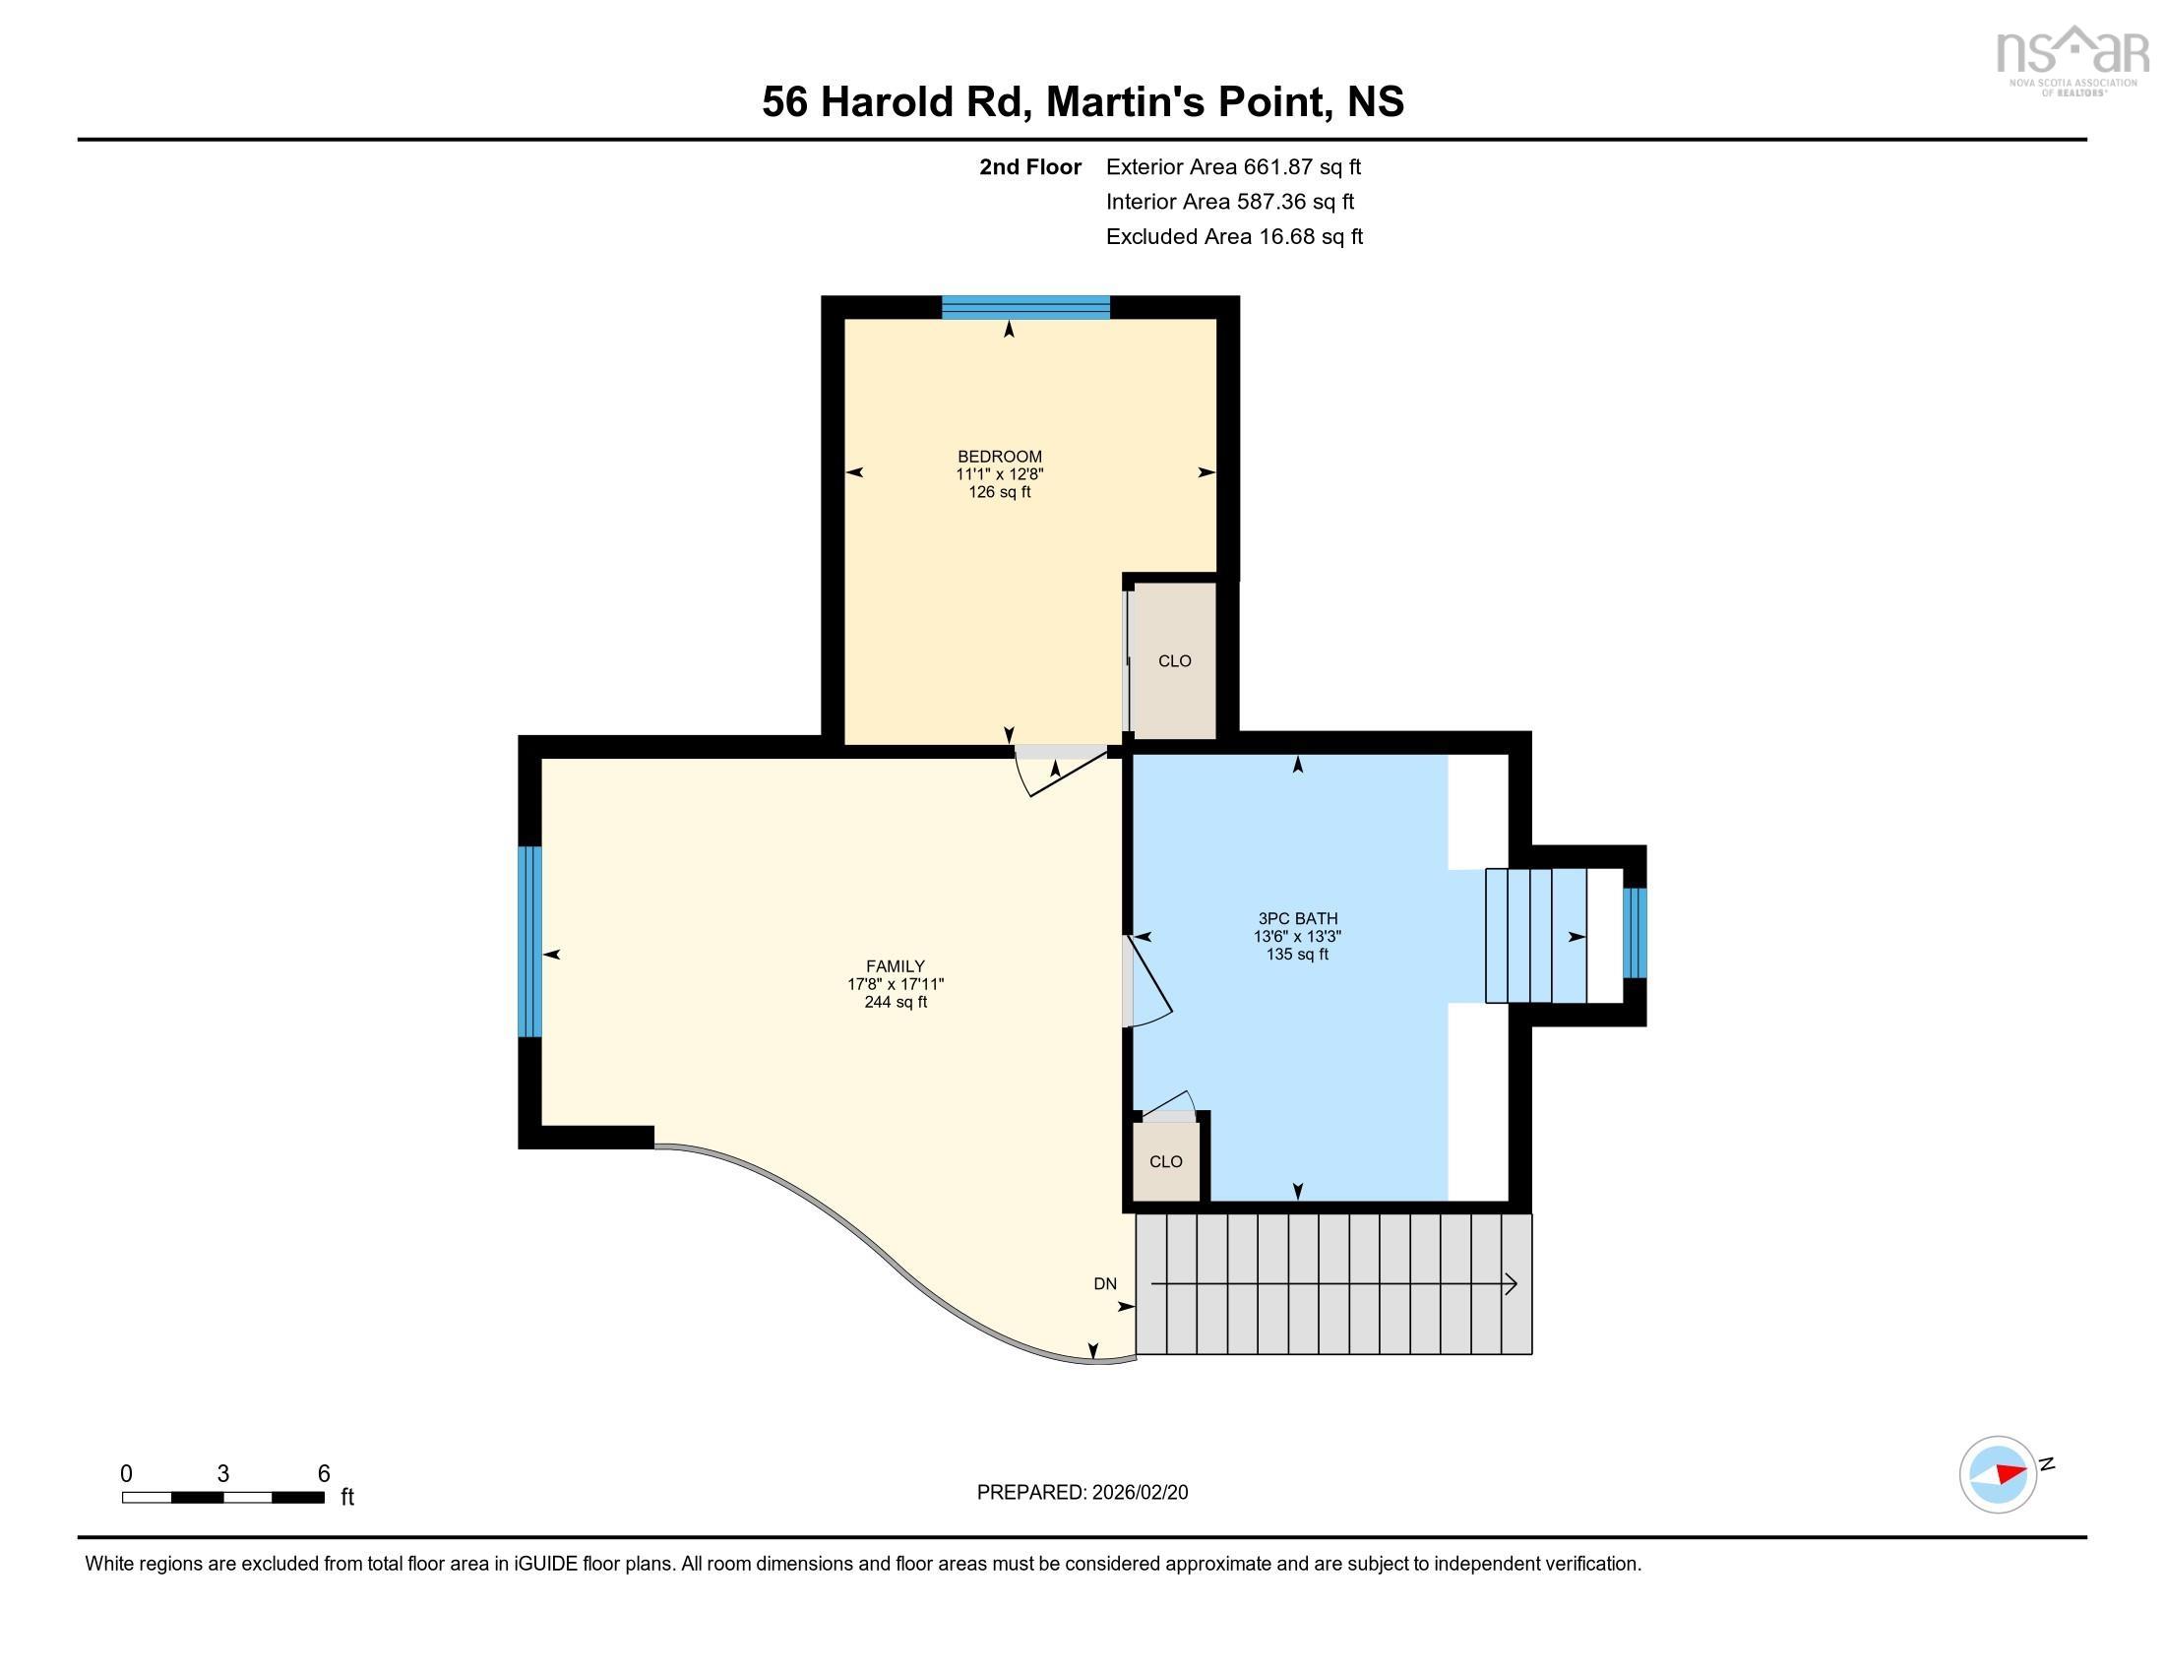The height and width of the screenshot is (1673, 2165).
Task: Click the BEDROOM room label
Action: click(x=999, y=457)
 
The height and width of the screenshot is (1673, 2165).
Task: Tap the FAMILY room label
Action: click(x=896, y=966)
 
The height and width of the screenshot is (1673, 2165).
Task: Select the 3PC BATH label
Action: click(x=1298, y=919)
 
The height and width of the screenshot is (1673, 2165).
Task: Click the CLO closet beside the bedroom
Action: click(x=1175, y=661)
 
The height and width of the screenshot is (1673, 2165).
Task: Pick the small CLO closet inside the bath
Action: click(x=1166, y=1161)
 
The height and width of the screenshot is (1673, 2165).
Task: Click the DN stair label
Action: click(x=1105, y=1283)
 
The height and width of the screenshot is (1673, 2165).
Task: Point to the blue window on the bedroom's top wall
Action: click(x=1025, y=307)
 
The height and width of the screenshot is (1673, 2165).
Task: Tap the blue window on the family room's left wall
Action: click(x=530, y=942)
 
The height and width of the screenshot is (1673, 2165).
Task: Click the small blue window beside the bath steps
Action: click(x=1635, y=934)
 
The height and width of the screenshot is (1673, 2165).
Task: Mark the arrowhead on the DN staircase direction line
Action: click(x=1512, y=1284)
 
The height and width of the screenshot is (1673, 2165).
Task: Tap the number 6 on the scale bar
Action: click(x=323, y=1474)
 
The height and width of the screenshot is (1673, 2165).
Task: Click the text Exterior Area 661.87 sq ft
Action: click(x=1233, y=166)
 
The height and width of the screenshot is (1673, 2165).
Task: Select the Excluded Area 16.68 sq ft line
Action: click(x=1234, y=237)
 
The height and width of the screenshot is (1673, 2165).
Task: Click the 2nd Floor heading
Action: click(x=1030, y=166)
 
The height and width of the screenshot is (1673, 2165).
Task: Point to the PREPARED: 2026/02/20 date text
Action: click(x=1082, y=1493)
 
